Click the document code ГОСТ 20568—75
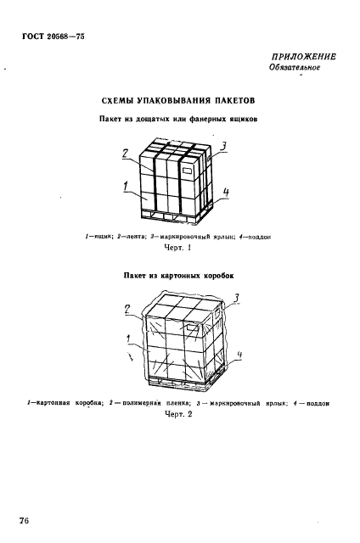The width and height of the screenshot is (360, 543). [x=53, y=36]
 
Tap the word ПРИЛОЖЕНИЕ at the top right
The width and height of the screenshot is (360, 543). [x=303, y=57]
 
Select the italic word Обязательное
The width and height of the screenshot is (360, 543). [x=295, y=67]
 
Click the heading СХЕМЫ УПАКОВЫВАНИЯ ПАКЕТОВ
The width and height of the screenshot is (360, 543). [x=178, y=101]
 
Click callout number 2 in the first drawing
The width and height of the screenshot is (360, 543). [x=126, y=153]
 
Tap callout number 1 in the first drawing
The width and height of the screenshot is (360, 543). [x=127, y=187]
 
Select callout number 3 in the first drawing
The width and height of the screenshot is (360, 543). [x=224, y=147]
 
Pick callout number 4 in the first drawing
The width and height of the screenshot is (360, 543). [x=226, y=193]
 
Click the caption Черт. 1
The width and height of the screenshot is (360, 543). [x=178, y=248]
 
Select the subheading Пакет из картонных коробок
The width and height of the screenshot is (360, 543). [x=178, y=276]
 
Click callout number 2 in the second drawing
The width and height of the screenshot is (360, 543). [x=127, y=309]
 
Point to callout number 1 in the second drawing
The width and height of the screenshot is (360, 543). [x=129, y=339]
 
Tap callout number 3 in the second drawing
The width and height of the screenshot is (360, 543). [x=236, y=298]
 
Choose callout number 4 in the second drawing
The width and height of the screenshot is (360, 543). [x=239, y=355]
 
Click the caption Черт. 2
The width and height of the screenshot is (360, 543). [x=178, y=414]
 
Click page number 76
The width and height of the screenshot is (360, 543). [x=25, y=521]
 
